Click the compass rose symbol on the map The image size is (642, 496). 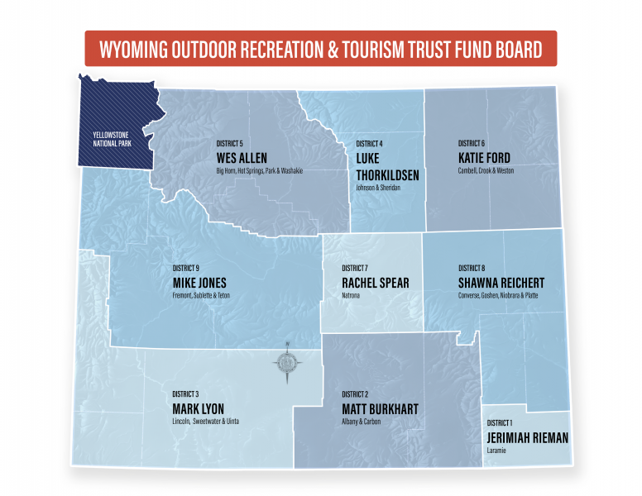coord(288,361)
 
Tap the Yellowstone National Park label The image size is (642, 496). coord(113,138)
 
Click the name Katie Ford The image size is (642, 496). coord(484,157)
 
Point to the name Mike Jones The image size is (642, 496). coord(199,283)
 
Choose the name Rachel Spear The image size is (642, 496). coord(375,283)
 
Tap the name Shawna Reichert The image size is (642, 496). coord(501,283)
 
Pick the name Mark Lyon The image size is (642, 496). coord(198,408)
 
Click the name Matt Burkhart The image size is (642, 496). coord(380,408)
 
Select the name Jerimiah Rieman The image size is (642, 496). coord(528,437)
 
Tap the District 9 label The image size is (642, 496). coord(186,268)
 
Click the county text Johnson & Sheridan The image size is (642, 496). coord(377,188)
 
